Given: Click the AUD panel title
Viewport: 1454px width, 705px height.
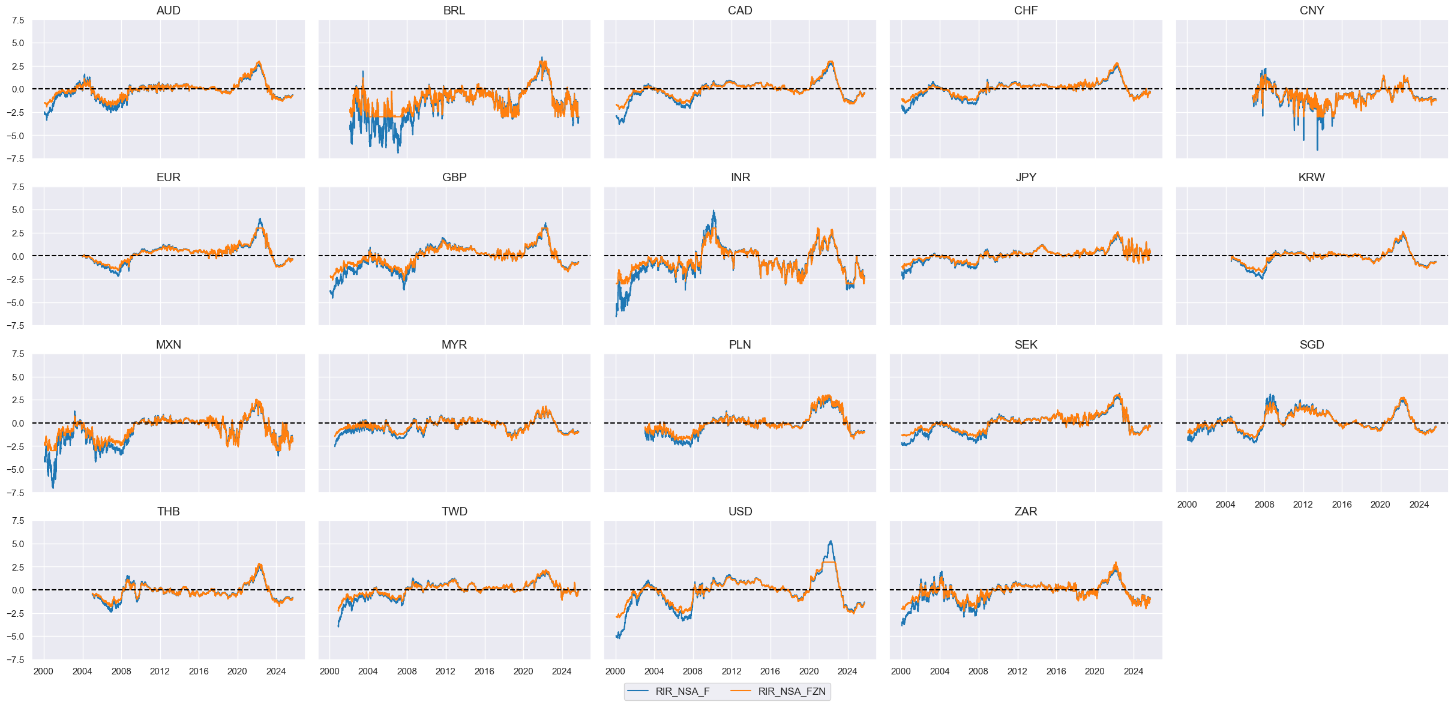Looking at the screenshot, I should pyautogui.click(x=168, y=10).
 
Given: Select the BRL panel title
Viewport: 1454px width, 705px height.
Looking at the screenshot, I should pyautogui.click(x=454, y=10).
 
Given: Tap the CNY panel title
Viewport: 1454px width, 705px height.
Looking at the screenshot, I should pyautogui.click(x=1311, y=10).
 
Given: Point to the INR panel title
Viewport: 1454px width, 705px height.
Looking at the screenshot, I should pyautogui.click(x=740, y=177).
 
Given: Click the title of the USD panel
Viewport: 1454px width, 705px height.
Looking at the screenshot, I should pyautogui.click(x=740, y=511).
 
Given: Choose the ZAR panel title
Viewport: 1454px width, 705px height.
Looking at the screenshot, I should pyautogui.click(x=1026, y=511).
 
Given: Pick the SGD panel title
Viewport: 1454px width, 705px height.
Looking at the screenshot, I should pyautogui.click(x=1311, y=344).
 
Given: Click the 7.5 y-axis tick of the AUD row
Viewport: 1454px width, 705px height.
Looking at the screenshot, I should pyautogui.click(x=18, y=20).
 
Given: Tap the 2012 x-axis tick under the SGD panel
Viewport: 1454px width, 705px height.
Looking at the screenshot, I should pyautogui.click(x=1303, y=505).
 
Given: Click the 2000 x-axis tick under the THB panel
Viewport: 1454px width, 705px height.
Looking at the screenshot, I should pyautogui.click(x=43, y=671).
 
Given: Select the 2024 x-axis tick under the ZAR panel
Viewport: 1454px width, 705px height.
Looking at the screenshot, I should pyautogui.click(x=1133, y=671).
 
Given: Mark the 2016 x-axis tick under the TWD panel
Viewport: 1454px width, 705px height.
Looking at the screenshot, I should pyautogui.click(x=484, y=671).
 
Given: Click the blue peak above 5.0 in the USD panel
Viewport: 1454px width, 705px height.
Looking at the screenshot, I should pyautogui.click(x=831, y=541).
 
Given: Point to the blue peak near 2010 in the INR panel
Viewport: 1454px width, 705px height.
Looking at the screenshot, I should pyautogui.click(x=713, y=211).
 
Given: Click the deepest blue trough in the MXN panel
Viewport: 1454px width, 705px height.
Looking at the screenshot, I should pyautogui.click(x=53, y=487).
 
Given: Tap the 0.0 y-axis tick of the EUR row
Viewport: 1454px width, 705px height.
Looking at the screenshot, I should pyautogui.click(x=18, y=256).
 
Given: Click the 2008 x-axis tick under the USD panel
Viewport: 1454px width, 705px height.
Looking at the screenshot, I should pyautogui.click(x=692, y=671).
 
